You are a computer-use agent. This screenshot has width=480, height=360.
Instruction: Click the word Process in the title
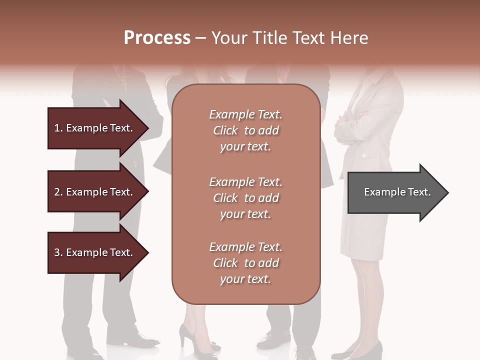tap(157, 38)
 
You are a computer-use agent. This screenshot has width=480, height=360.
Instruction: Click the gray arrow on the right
tap(395, 192)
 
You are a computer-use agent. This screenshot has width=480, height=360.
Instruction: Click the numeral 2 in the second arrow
tap(57, 192)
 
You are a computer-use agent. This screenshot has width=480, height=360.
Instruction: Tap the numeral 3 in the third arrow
tap(57, 252)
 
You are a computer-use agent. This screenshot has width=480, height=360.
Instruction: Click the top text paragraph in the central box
tap(245, 130)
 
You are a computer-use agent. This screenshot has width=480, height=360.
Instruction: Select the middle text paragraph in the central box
tap(245, 197)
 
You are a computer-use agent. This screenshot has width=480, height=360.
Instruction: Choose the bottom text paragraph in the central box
tap(245, 263)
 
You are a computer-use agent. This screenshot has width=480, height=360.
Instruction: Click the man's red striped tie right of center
tap(282, 75)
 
